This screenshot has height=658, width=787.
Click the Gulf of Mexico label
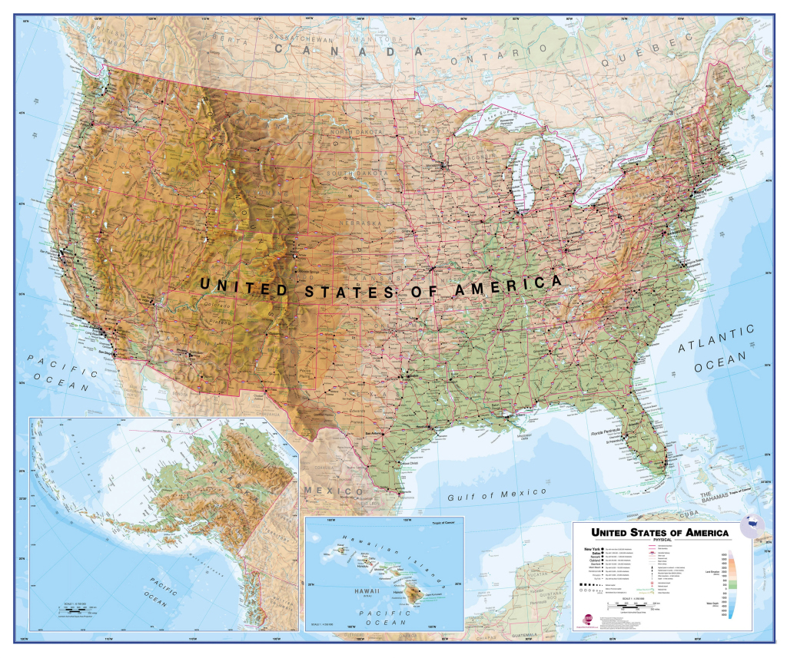[x=496, y=494]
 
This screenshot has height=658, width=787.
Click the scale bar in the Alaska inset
[x=75, y=612]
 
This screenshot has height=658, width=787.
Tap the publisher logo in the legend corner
[x=588, y=617]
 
